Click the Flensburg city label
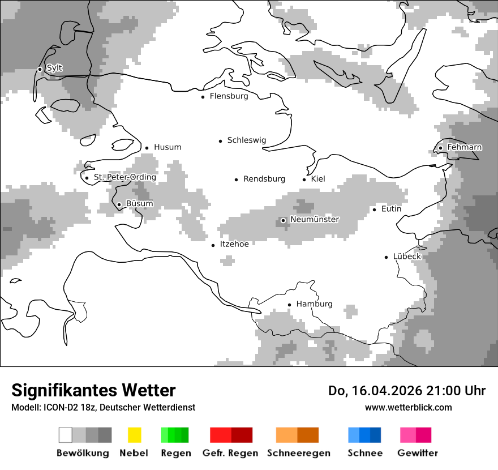229,96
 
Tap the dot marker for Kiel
304,180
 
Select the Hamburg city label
314,304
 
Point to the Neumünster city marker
283,220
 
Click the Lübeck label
407,257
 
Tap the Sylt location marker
40,69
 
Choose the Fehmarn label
464,148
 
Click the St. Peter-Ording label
124,177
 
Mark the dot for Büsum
119,204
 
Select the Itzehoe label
234,244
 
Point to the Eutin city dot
374,210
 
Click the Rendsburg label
264,179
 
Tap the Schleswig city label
246,140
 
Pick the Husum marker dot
147,148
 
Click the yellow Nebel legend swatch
134,435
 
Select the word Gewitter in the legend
418,453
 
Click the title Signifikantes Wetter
93,390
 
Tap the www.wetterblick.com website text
408,407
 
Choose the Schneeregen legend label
298,453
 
